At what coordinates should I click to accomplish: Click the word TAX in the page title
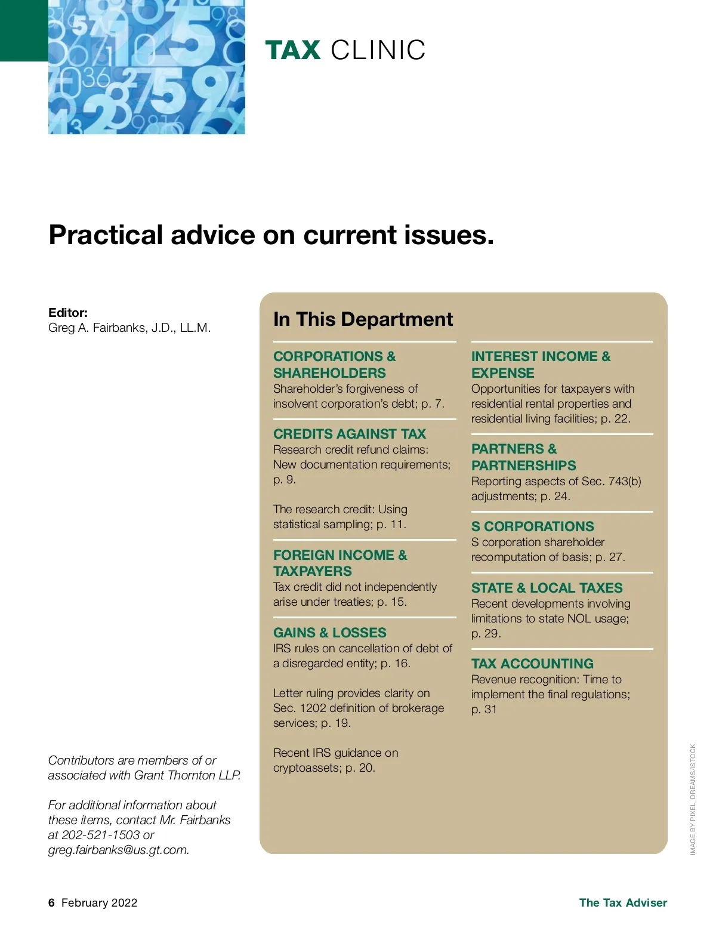pyautogui.click(x=292, y=50)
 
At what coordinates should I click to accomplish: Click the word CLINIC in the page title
pyautogui.click(x=378, y=50)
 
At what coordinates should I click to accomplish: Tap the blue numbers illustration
pyautogui.click(x=146, y=67)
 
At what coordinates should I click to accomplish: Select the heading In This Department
pyautogui.click(x=363, y=319)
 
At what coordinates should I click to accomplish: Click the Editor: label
pyautogui.click(x=68, y=312)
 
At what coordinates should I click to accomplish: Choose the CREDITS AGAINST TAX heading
pyautogui.click(x=350, y=434)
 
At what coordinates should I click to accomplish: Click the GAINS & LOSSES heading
pyautogui.click(x=329, y=633)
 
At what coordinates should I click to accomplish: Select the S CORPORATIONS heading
pyautogui.click(x=532, y=526)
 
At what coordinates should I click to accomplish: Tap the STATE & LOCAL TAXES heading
pyautogui.click(x=547, y=588)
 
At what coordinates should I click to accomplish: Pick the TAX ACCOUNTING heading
pyautogui.click(x=532, y=664)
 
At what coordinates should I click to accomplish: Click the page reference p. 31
pyautogui.click(x=484, y=709)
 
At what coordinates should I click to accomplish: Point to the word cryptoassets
pyautogui.click(x=307, y=768)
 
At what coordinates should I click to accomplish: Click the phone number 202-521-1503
pyautogui.click(x=101, y=835)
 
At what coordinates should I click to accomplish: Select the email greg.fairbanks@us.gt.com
pyautogui.click(x=118, y=850)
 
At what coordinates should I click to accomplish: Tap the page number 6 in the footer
pyautogui.click(x=51, y=902)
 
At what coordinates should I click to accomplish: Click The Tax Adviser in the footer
pyautogui.click(x=623, y=902)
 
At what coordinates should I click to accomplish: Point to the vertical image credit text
pyautogui.click(x=693, y=799)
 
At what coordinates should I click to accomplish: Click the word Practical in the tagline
pyautogui.click(x=106, y=235)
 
